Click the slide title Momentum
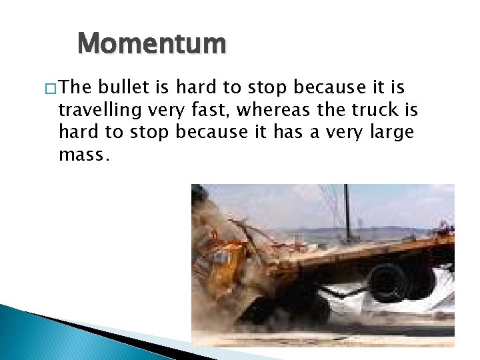[x=152, y=45]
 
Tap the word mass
[x=81, y=154]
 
